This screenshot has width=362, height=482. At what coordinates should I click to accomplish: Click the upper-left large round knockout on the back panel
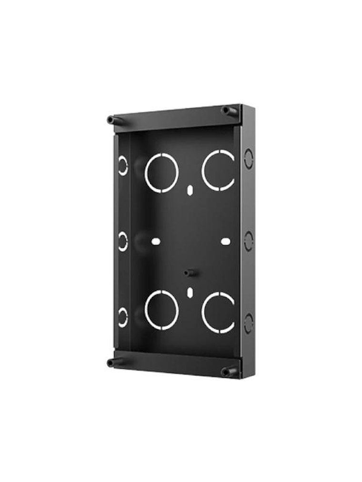pos(161,173)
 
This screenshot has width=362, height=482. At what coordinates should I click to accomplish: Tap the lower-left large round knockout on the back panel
pos(161,311)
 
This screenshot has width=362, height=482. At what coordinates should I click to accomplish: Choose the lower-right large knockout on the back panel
pos(219,313)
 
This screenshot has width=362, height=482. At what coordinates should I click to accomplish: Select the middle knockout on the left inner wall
pos(123,242)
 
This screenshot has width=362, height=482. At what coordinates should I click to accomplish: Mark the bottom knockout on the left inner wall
pos(123,317)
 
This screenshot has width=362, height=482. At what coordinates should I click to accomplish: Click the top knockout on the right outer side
pos(249,158)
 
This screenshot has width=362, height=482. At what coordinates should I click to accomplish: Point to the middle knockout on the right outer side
pos(249,241)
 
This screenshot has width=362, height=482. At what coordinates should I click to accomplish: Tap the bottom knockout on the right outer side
pos(249,323)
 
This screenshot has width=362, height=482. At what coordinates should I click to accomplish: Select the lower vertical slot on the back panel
pos(190,292)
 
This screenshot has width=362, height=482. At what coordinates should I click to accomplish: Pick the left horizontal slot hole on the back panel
pos(155,241)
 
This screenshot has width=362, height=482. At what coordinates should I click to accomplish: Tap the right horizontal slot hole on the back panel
pos(225,241)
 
